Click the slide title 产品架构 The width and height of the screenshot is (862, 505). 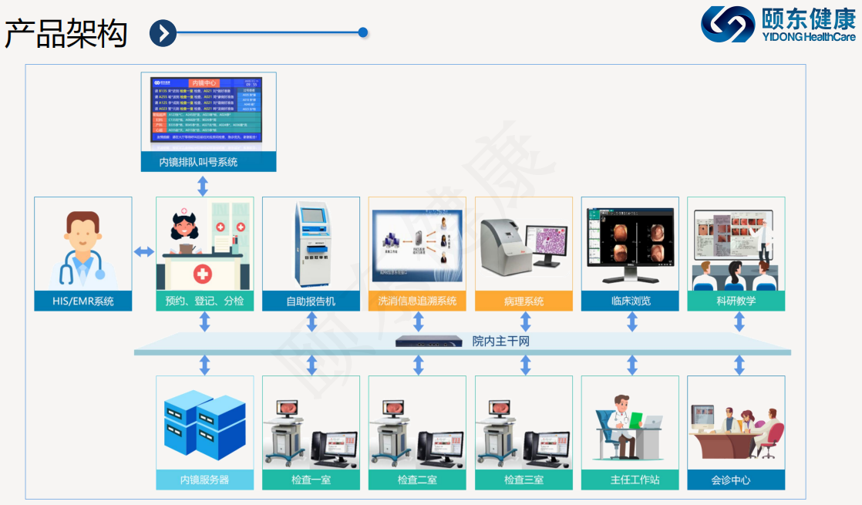(66, 34)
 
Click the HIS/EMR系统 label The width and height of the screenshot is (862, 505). (82, 301)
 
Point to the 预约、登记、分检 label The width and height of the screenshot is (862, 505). (204, 301)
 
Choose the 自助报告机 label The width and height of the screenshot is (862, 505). (311, 301)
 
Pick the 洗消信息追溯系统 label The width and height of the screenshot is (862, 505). (417, 301)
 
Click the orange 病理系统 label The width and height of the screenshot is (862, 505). (524, 301)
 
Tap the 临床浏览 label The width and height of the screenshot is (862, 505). (630, 301)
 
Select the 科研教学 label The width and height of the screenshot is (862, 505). (736, 301)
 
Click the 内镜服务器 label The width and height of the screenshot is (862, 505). (204, 480)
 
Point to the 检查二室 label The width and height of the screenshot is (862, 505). (417, 480)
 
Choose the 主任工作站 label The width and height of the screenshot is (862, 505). (630, 480)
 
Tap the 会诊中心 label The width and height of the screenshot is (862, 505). (736, 480)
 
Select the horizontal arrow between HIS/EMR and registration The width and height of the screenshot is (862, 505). (144, 252)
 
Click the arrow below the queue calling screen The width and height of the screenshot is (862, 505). (203, 186)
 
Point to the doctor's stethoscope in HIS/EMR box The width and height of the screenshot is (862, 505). (96, 266)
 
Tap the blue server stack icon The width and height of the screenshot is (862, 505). (204, 426)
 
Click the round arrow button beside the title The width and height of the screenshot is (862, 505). (163, 33)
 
